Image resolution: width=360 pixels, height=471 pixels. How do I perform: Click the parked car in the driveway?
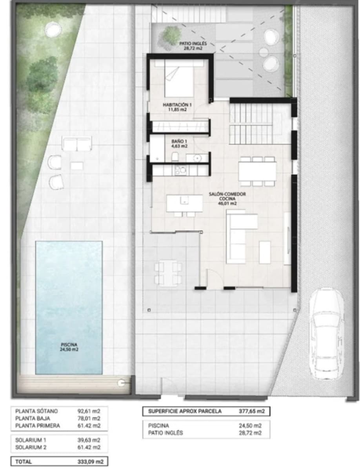(326, 334)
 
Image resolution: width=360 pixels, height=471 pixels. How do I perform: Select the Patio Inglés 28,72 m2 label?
(193, 47)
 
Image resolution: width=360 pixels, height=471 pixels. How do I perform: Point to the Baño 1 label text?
(179, 143)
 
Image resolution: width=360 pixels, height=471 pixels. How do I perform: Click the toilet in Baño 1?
(175, 157)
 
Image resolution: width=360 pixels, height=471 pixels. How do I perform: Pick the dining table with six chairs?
(257, 171)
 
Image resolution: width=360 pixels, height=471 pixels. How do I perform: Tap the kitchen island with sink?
(184, 203)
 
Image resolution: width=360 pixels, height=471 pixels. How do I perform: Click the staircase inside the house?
(251, 124)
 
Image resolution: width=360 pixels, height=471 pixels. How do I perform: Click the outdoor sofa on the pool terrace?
(77, 144)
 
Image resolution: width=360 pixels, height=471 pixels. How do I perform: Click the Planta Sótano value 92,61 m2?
(90, 411)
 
